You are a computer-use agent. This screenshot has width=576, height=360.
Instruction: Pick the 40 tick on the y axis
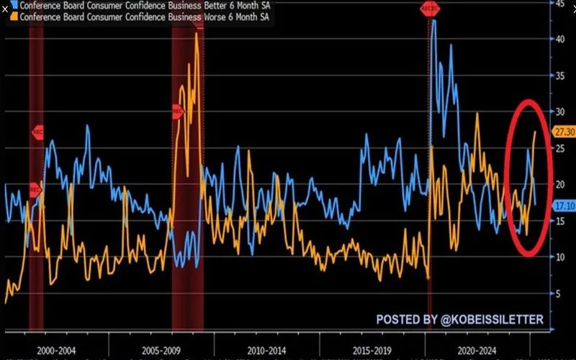(x=559, y=39)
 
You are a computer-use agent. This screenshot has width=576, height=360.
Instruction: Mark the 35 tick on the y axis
(x=559, y=75)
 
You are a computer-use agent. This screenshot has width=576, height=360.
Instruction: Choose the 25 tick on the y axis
(x=559, y=148)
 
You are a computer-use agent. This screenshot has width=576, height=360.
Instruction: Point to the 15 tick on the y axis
(x=559, y=220)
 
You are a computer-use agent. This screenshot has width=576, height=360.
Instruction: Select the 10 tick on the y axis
(x=559, y=256)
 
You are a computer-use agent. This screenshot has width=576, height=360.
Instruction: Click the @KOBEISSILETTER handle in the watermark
(x=497, y=319)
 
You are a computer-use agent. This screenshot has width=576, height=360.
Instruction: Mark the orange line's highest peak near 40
(x=197, y=34)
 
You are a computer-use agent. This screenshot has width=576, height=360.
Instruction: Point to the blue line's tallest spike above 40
(x=433, y=21)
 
